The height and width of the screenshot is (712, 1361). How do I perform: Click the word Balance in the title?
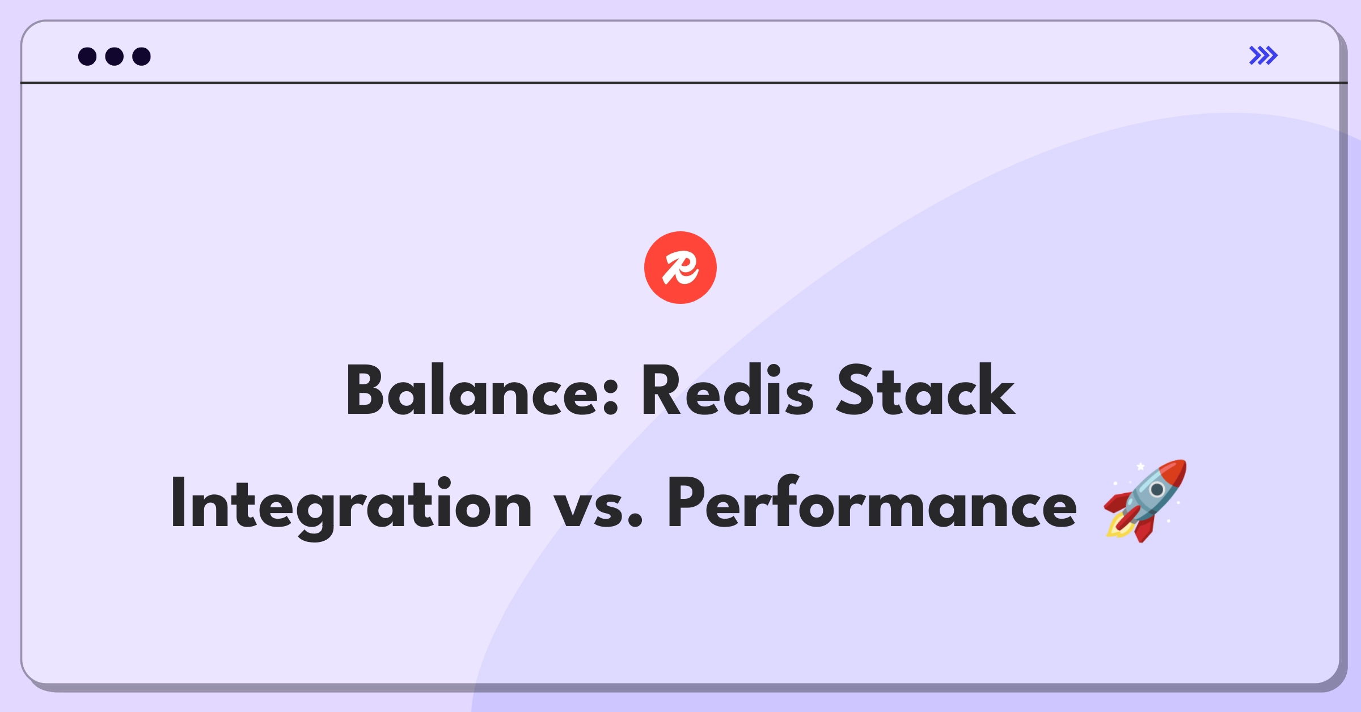point(474,391)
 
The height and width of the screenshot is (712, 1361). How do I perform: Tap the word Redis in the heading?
point(727,391)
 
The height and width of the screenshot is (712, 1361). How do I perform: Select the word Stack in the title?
point(925,391)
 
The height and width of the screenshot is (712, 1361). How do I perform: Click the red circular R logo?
point(680,268)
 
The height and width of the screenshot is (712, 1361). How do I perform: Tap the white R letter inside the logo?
point(680,268)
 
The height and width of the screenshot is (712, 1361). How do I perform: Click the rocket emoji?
point(1145,501)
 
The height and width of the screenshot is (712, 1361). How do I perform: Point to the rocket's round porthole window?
point(1157,489)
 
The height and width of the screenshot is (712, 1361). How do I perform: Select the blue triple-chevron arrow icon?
point(1263,56)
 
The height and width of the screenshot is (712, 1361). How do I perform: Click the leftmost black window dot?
point(87,56)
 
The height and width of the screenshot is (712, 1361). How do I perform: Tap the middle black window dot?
point(115,56)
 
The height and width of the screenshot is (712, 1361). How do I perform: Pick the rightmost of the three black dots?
point(141,56)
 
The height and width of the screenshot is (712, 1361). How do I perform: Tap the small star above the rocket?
point(1140,467)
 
